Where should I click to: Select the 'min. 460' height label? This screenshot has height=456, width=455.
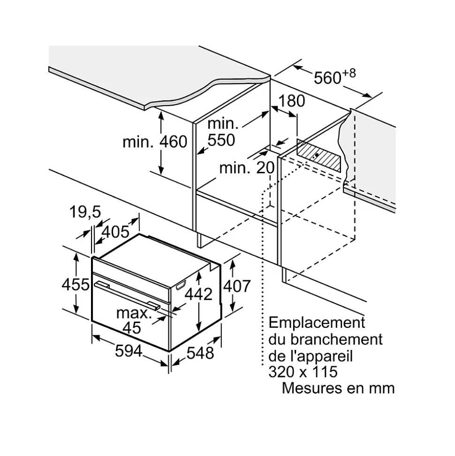[x=155, y=142]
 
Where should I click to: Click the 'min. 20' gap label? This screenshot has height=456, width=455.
[x=246, y=167]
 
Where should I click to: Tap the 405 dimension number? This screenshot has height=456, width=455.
[x=115, y=232]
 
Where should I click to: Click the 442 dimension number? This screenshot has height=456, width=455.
[x=198, y=294]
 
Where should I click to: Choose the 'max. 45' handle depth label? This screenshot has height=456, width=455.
[x=134, y=320]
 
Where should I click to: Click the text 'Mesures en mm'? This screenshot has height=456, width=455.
[x=338, y=388]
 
